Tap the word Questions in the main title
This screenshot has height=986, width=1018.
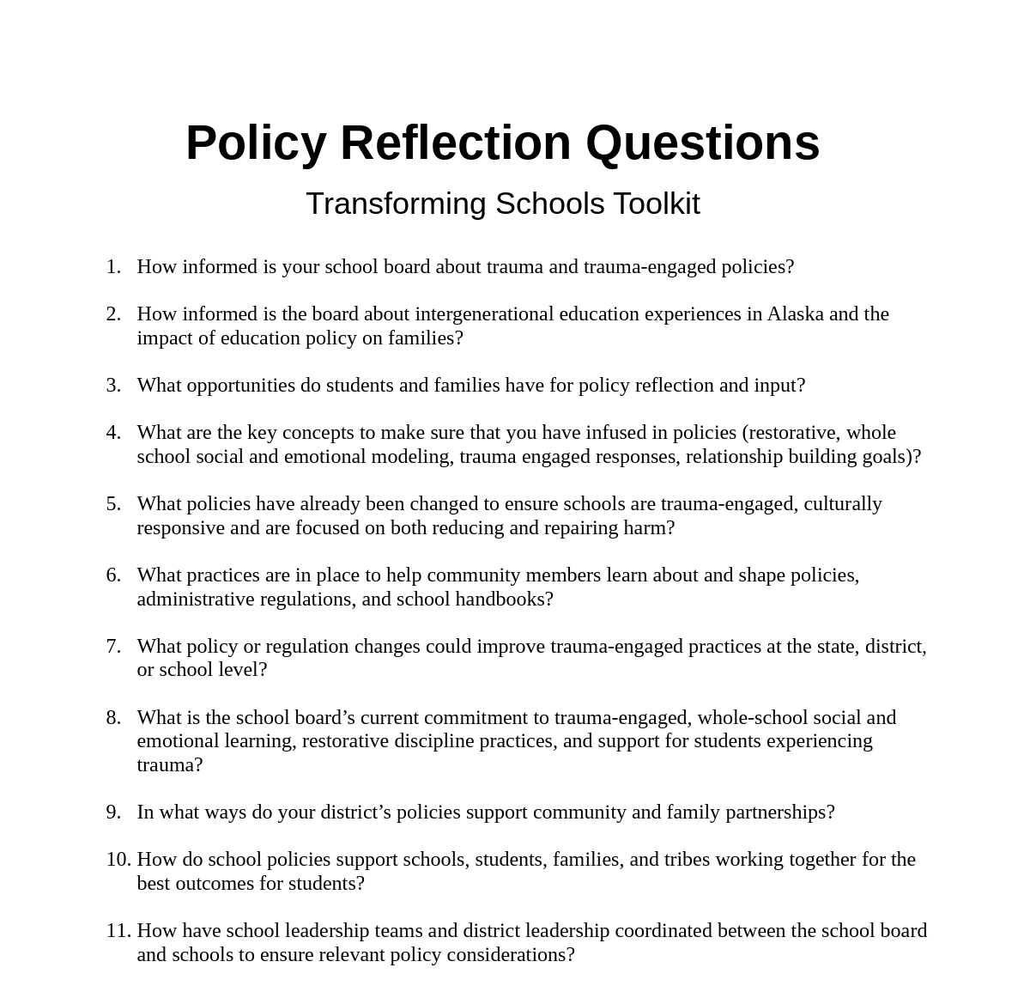(x=702, y=143)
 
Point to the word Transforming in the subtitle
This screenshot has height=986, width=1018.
(x=396, y=204)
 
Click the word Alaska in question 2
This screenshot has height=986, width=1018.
(x=795, y=314)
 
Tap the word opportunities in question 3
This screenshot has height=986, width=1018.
(x=240, y=386)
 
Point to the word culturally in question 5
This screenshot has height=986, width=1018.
(x=843, y=504)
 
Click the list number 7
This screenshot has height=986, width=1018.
(x=113, y=647)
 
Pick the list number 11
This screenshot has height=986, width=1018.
(x=118, y=931)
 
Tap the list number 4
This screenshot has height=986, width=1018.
(x=113, y=433)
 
